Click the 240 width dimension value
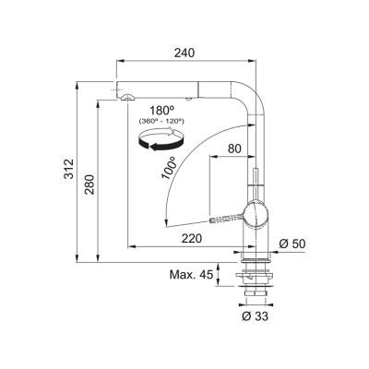click(x=184, y=53)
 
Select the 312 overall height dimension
click(x=69, y=169)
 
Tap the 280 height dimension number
click(x=89, y=184)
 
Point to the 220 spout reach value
click(x=192, y=238)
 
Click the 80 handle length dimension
click(x=234, y=149)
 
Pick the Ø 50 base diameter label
click(x=292, y=244)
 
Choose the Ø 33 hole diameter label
click(x=255, y=315)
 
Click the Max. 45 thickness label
click(x=191, y=274)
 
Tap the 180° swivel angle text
click(x=162, y=111)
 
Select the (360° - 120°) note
click(x=161, y=121)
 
